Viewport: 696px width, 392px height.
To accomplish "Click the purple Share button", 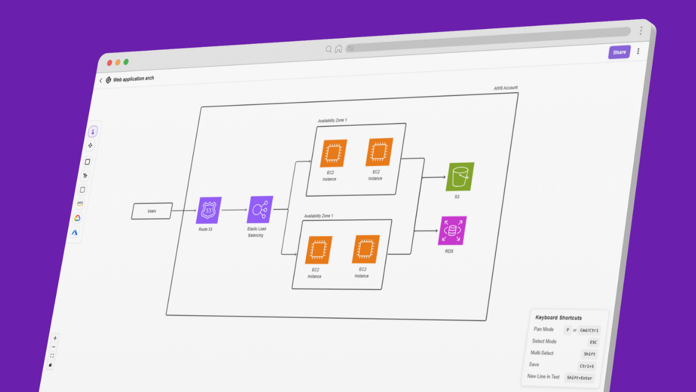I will (x=619, y=52).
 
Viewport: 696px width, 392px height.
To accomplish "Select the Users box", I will (x=152, y=211).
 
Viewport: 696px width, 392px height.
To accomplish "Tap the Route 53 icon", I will (x=208, y=210).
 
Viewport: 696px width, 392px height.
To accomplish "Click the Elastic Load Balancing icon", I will (x=260, y=210).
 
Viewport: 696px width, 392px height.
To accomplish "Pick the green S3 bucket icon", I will (x=460, y=177).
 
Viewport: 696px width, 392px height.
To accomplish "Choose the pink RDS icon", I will (x=452, y=231).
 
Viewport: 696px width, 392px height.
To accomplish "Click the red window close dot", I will (x=110, y=63).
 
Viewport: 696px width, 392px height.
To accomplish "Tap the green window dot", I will (x=126, y=62).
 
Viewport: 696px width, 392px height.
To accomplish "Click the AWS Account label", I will (x=505, y=88).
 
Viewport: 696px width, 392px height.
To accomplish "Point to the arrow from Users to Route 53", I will (x=184, y=210).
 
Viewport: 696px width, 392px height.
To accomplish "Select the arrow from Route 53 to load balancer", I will (x=234, y=210).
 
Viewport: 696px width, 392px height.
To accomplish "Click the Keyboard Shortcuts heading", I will (x=558, y=317).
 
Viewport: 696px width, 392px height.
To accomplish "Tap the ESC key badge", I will (x=593, y=342).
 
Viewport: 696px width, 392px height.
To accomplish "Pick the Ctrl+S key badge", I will (x=586, y=366).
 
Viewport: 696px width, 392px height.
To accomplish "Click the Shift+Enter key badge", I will (x=580, y=378).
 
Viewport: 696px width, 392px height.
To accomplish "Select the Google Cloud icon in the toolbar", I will (x=77, y=218).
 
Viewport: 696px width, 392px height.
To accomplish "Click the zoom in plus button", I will (x=55, y=338).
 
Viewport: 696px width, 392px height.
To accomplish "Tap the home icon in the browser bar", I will (x=338, y=49).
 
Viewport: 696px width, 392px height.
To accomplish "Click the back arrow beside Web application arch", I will (x=101, y=81).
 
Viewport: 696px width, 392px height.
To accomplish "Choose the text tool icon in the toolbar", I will (x=85, y=176).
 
